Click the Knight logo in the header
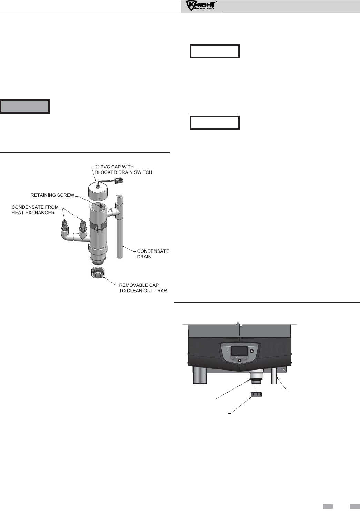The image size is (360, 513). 201,6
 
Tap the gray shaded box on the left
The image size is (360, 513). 25,107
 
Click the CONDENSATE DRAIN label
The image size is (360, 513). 153,254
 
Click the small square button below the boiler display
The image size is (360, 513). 239,360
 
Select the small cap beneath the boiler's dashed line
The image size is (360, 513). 256,394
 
